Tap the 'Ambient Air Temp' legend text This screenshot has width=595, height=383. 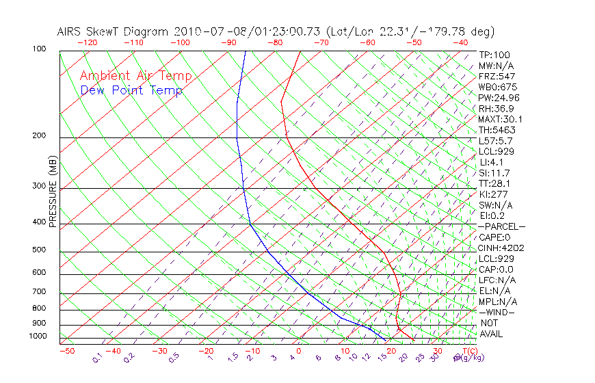pos(135,76)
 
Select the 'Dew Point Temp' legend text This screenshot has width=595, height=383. pos(131,90)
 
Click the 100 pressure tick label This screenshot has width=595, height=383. pos(39,50)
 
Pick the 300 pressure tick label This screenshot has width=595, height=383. pos(39,186)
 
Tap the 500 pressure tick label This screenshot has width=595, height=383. pos(39,250)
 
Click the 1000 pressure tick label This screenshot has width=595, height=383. pos(38,336)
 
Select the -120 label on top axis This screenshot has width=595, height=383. pos(88,42)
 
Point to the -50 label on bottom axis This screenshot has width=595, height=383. pos(66,351)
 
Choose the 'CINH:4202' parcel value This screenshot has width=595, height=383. pos(500,248)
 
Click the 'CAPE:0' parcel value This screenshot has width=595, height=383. pos(494,237)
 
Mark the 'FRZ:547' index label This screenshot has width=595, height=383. pos(497,76)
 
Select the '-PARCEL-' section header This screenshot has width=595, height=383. pos(501,226)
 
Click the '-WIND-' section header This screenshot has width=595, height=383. pos(497,312)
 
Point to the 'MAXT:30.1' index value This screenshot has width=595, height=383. pos(500,119)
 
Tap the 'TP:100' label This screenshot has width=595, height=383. pos(494,55)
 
